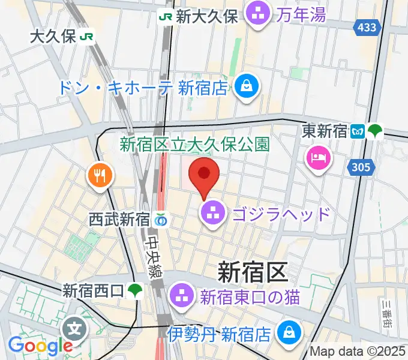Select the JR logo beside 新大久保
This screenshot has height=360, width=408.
point(166,16)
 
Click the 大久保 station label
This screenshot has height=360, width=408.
point(53,37)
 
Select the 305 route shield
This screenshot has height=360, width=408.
point(358,168)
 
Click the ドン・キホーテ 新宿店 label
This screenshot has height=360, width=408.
point(143,88)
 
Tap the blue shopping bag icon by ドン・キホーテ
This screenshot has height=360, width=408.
point(246,86)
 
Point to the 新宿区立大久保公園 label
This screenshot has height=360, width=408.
point(195,144)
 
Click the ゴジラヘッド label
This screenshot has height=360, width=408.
point(281,213)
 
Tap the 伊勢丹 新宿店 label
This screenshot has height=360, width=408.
point(221,332)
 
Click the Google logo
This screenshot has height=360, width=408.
point(40,346)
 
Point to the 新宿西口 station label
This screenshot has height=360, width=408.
point(93,292)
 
